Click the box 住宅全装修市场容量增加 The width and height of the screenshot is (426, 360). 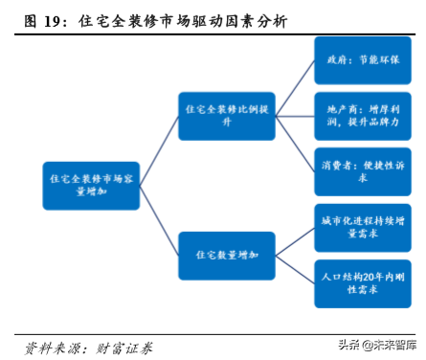[x=92, y=185]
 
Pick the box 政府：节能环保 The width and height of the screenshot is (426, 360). [x=362, y=62]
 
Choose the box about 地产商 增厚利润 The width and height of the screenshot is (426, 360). [x=362, y=117]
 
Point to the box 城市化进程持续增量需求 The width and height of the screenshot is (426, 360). [x=362, y=226]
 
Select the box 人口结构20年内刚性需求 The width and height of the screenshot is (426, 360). [x=362, y=281]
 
